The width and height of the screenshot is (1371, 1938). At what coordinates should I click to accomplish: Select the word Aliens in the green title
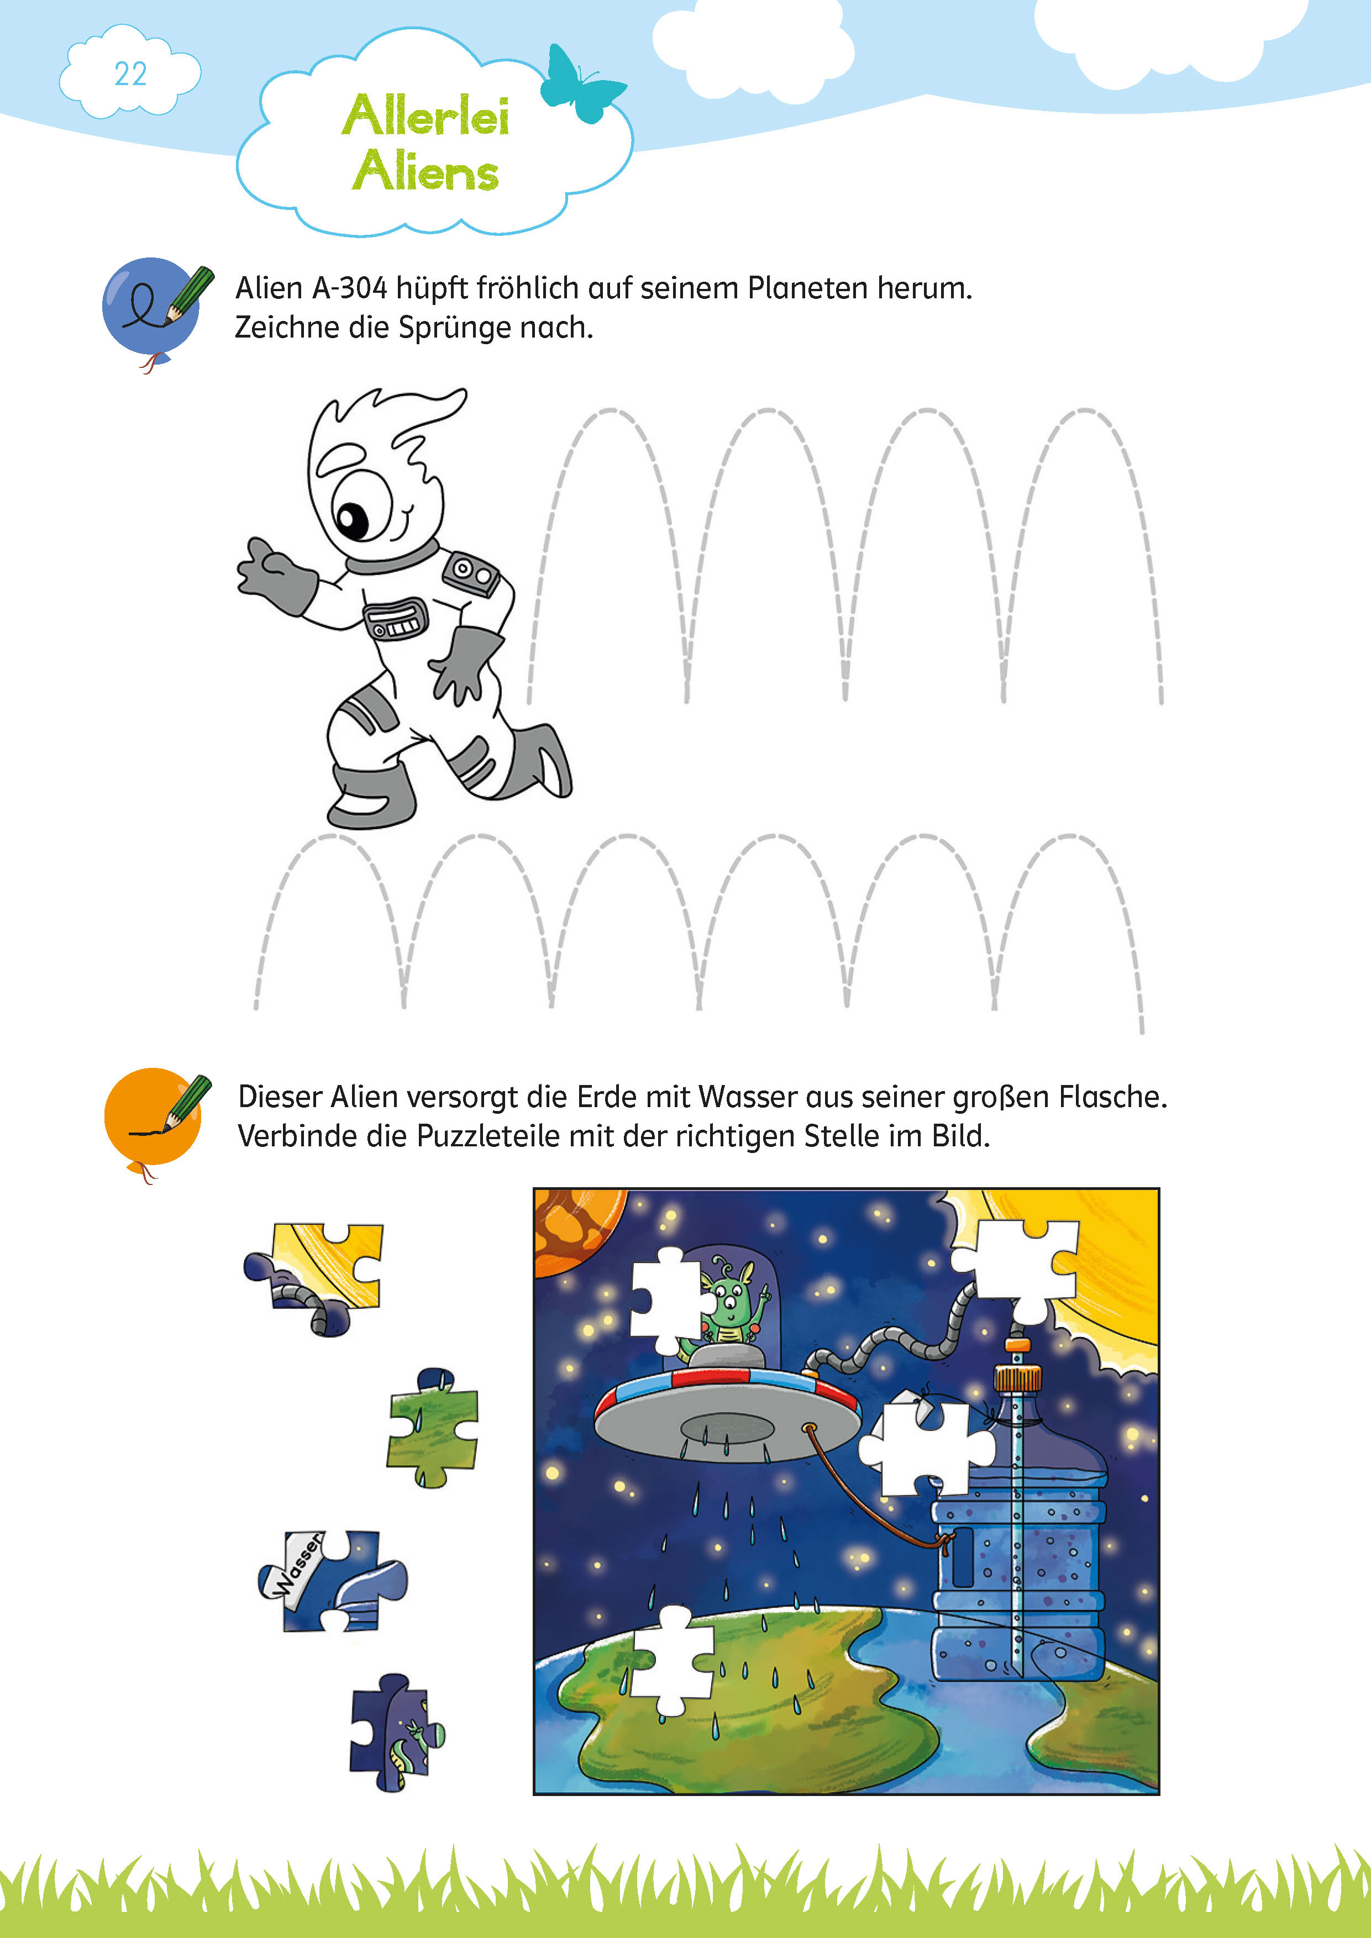(426, 172)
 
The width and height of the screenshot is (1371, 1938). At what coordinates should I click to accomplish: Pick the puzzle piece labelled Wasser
(332, 1578)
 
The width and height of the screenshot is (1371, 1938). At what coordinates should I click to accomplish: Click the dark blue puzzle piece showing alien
(395, 1732)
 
